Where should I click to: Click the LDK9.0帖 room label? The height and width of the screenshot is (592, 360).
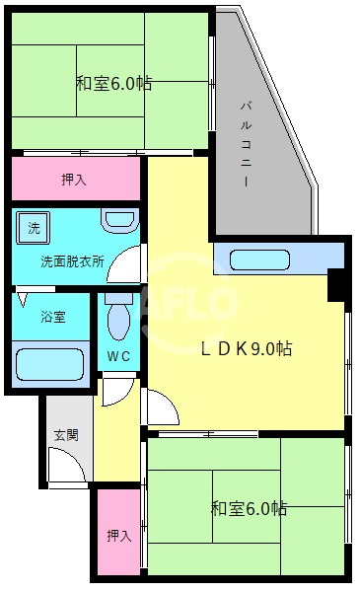(x=246, y=348)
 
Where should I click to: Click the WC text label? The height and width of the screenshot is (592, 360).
(x=118, y=356)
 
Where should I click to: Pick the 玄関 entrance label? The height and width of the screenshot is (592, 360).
(x=65, y=435)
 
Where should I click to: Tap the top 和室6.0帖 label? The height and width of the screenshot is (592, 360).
(x=113, y=83)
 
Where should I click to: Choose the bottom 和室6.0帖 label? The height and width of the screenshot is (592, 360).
(x=249, y=509)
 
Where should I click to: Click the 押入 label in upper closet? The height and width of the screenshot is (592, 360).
(x=74, y=180)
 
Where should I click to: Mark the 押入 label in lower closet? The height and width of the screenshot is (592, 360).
(x=118, y=536)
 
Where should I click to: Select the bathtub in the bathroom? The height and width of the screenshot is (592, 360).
(x=54, y=363)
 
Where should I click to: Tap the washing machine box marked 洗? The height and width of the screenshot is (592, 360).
(x=35, y=228)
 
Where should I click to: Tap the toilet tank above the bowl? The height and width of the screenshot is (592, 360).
(x=118, y=297)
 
